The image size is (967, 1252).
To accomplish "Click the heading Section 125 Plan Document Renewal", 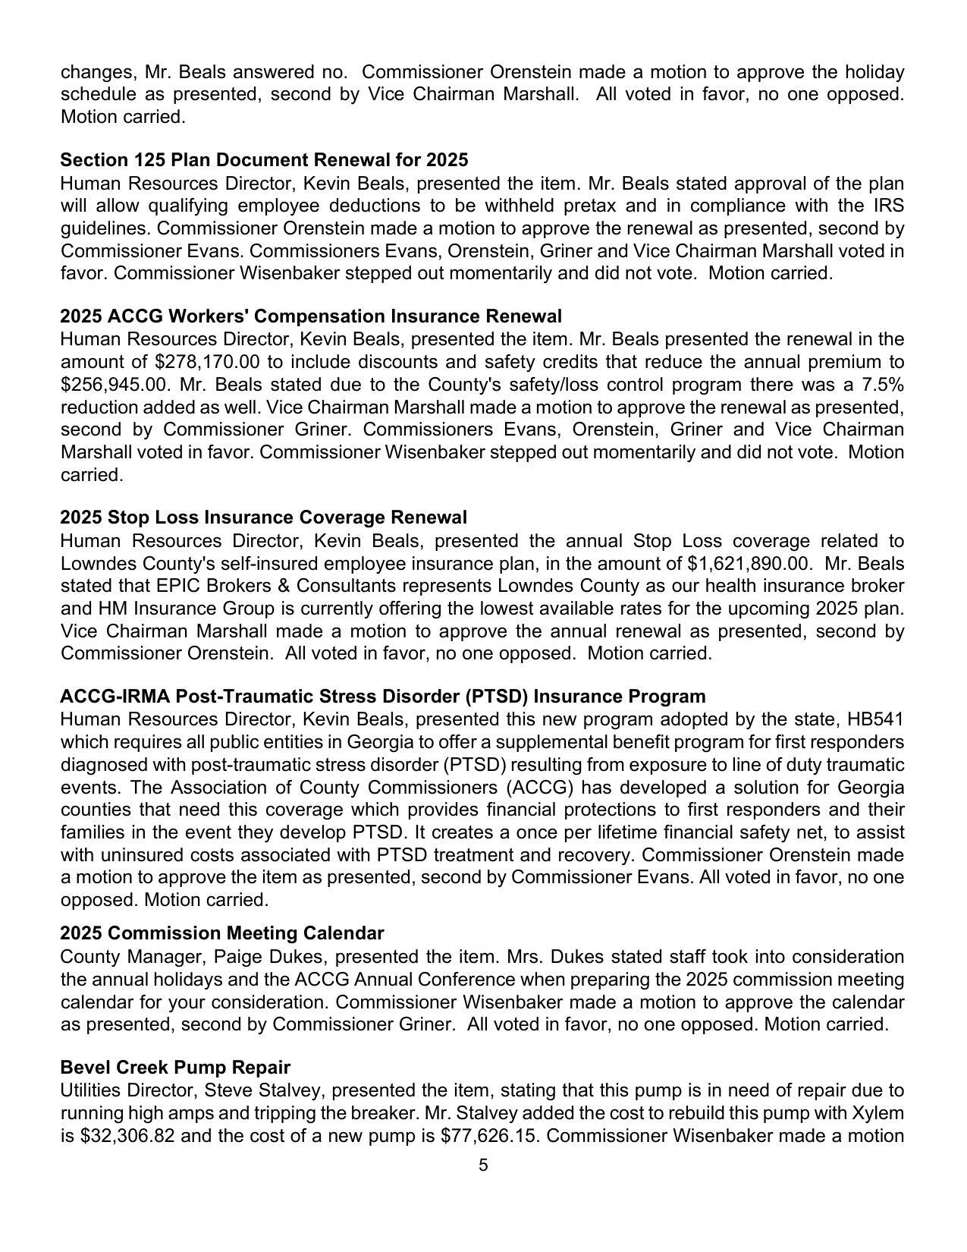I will point(264,160).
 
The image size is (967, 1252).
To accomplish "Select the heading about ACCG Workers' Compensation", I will point(311,316).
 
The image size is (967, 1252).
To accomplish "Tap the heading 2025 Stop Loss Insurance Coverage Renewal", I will point(263,517).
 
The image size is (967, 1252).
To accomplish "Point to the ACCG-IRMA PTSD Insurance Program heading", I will point(382,697).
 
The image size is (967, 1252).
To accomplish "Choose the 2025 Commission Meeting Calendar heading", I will point(221,933).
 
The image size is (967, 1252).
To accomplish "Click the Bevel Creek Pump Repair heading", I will point(175,1068).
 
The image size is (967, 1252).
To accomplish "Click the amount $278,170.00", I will point(207,362).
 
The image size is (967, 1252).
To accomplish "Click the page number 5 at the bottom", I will point(483,1165).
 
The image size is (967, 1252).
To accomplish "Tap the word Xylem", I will point(881,1113).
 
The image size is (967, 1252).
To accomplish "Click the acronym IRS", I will point(888,206).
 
